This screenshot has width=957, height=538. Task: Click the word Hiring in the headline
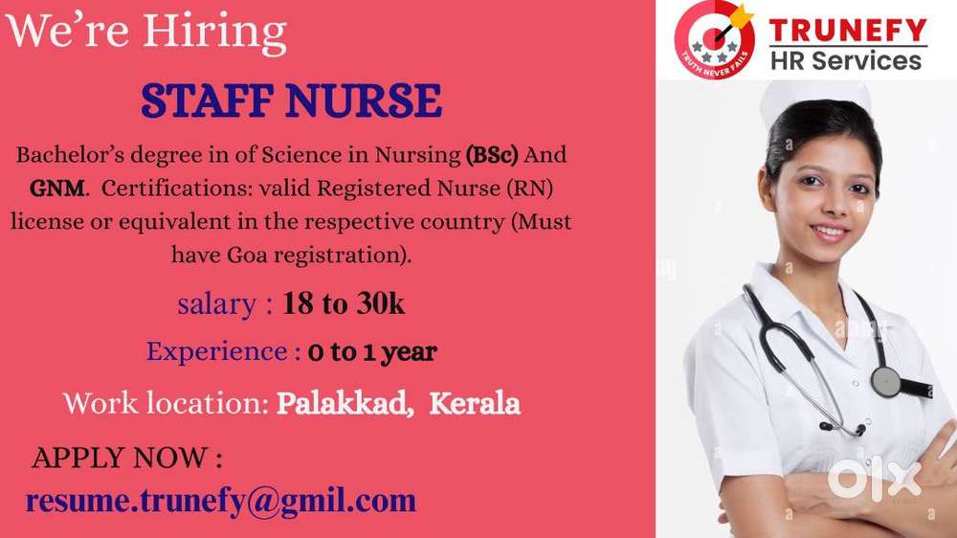pyautogui.click(x=214, y=33)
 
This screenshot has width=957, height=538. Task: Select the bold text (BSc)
pyautogui.click(x=491, y=155)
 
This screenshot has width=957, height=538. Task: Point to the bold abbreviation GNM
pyautogui.click(x=56, y=188)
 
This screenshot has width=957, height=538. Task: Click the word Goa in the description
pyautogui.click(x=247, y=255)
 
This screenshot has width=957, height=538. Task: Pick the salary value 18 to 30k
pyautogui.click(x=343, y=303)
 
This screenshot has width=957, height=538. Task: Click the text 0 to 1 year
pyautogui.click(x=372, y=351)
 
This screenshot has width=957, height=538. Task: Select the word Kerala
pyautogui.click(x=475, y=403)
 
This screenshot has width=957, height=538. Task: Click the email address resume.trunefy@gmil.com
pyautogui.click(x=221, y=502)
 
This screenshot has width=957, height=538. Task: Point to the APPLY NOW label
pyautogui.click(x=127, y=458)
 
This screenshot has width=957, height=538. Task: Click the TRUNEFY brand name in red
pyautogui.click(x=848, y=30)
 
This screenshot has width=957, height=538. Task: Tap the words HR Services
pyautogui.click(x=846, y=60)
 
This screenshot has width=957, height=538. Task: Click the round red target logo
pyautogui.click(x=715, y=39)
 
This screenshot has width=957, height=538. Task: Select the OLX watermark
pyautogui.click(x=875, y=480)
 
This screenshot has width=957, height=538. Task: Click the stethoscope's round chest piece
pyautogui.click(x=885, y=381)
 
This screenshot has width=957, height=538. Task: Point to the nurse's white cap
pyautogui.click(x=814, y=97)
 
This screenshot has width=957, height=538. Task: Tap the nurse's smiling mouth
pyautogui.click(x=830, y=233)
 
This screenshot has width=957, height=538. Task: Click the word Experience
pyautogui.click(x=216, y=352)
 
